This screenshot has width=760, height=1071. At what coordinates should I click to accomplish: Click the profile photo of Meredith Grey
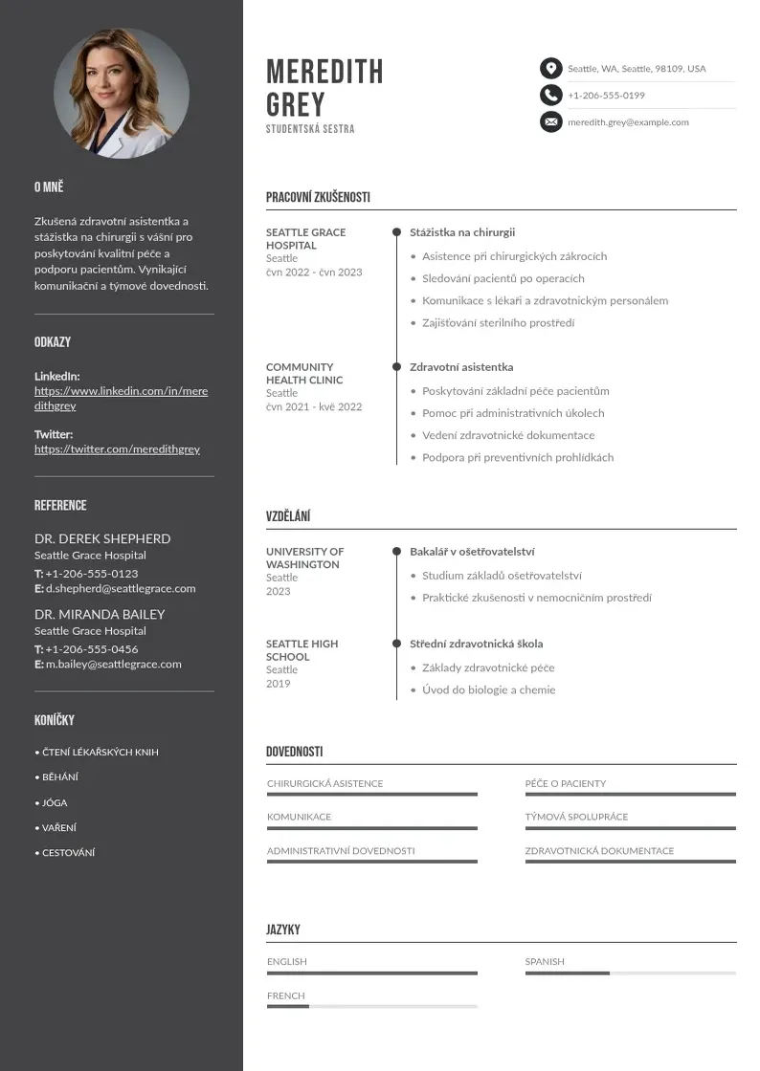click(122, 94)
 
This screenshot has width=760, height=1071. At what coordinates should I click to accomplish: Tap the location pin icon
click(550, 69)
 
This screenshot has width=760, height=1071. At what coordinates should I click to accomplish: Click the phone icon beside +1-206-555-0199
click(550, 95)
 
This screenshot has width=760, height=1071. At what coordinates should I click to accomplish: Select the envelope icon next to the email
click(550, 121)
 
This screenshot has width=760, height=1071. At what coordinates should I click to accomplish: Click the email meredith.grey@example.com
click(628, 122)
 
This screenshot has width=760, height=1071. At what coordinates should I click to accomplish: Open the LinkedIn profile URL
click(121, 398)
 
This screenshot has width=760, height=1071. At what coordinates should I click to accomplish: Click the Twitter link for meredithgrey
click(117, 448)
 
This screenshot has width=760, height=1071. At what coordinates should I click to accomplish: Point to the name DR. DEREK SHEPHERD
click(102, 538)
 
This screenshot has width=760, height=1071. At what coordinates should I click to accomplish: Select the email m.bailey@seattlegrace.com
click(113, 664)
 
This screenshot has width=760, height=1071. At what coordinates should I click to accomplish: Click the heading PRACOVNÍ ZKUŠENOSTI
click(318, 198)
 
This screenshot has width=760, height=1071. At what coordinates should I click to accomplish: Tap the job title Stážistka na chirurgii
click(462, 232)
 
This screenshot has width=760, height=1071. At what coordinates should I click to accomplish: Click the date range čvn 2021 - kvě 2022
click(314, 406)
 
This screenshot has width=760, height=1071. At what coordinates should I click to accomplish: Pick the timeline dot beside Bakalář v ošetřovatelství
click(396, 552)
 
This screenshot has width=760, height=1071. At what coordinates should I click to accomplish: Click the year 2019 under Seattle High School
click(278, 684)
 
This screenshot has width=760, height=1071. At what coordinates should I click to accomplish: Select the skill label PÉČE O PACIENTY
click(565, 783)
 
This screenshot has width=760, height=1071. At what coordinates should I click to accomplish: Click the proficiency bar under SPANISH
click(630, 973)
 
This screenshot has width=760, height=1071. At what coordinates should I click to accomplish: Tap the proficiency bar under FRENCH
click(371, 1007)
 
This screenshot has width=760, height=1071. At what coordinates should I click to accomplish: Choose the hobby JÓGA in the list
click(55, 803)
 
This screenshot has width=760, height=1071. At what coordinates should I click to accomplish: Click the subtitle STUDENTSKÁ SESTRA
click(310, 129)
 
